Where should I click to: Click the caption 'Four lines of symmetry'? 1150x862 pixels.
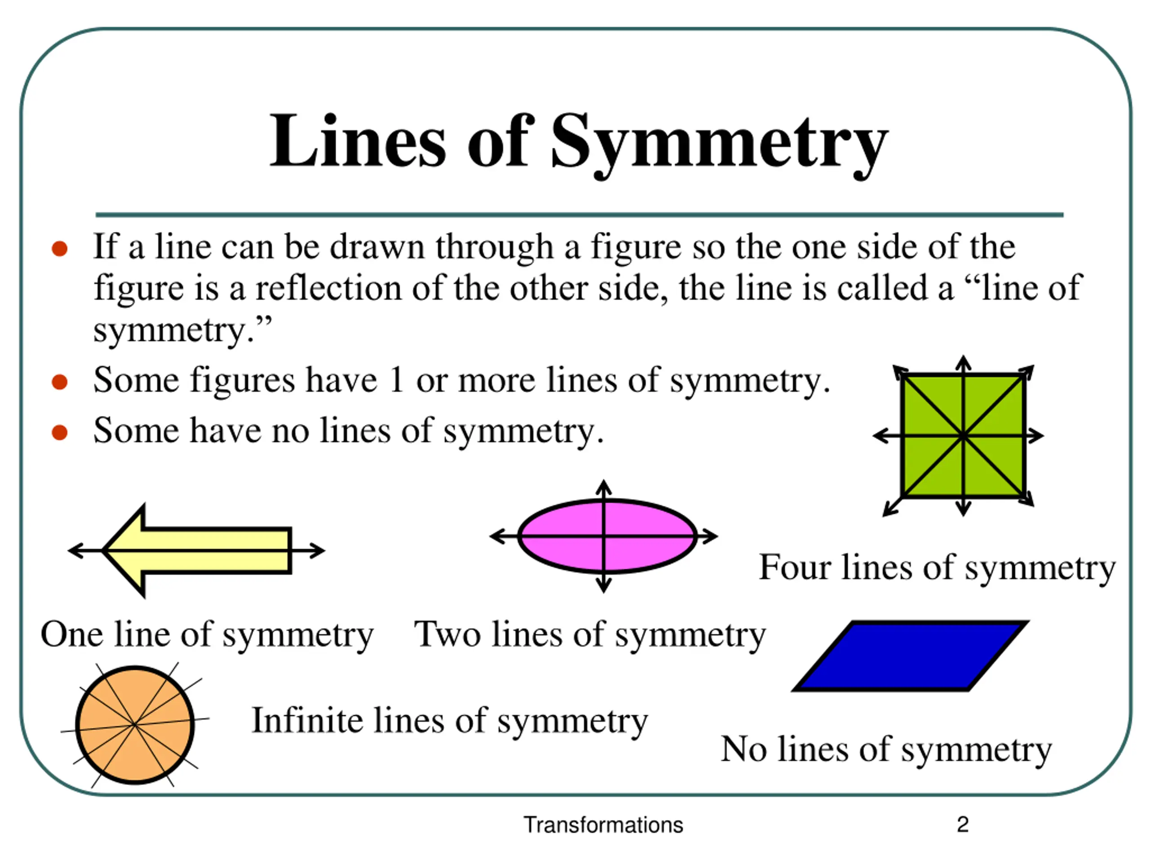pyautogui.click(x=937, y=567)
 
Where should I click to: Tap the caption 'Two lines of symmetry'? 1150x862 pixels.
pyautogui.click(x=589, y=635)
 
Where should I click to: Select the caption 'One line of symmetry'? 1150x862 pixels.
pyautogui.click(x=207, y=635)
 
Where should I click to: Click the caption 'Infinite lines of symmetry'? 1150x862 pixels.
pyautogui.click(x=450, y=721)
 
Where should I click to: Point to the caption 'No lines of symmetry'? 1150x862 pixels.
pyautogui.click(x=886, y=750)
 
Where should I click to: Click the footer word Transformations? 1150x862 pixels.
pyautogui.click(x=603, y=825)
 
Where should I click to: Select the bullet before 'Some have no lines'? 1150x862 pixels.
pyautogui.click(x=60, y=432)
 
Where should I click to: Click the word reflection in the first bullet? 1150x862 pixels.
pyautogui.click(x=328, y=288)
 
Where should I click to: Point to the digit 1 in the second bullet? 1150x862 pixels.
pyautogui.click(x=396, y=380)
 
